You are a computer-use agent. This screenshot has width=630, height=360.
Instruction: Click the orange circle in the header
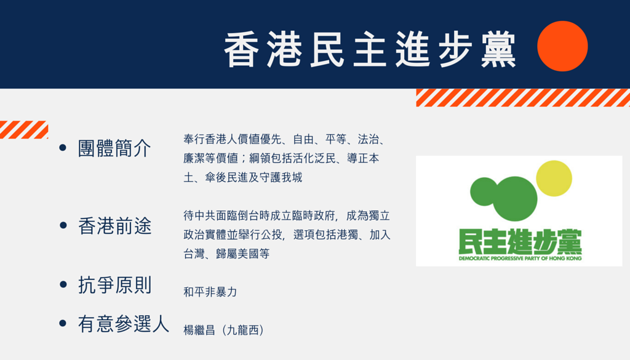click(x=562, y=46)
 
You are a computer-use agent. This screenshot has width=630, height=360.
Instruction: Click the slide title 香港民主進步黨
click(x=370, y=50)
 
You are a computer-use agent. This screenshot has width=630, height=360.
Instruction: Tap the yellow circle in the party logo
click(x=554, y=178)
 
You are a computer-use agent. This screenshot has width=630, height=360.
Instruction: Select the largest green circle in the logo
click(x=515, y=199)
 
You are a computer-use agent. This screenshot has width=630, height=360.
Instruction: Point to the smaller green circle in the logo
click(x=484, y=191)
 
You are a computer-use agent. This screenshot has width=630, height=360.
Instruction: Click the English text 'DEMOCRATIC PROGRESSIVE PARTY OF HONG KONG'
click(x=520, y=258)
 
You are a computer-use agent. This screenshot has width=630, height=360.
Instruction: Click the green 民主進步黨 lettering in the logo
click(x=520, y=242)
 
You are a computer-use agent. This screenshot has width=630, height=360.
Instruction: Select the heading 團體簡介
click(x=114, y=148)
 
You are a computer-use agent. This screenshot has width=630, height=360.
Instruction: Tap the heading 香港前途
click(x=114, y=226)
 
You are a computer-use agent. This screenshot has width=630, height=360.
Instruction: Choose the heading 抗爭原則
click(x=114, y=286)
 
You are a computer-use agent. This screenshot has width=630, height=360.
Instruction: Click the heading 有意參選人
click(x=123, y=324)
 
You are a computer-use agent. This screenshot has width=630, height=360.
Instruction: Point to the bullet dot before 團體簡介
click(x=63, y=148)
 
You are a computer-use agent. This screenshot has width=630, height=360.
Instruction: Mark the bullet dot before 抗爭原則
click(x=63, y=284)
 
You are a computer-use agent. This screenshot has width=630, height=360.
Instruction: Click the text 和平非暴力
click(x=210, y=292)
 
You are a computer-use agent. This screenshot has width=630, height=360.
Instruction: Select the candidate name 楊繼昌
click(x=200, y=330)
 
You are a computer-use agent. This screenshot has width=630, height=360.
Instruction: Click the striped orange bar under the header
click(x=523, y=98)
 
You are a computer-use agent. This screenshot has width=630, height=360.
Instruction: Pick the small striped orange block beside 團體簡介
click(x=24, y=129)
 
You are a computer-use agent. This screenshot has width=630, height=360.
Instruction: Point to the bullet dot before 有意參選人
click(x=63, y=323)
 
